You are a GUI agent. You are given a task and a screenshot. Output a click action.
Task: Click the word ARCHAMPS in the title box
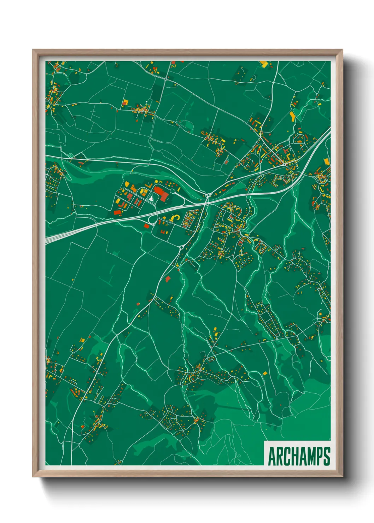tap(299, 456)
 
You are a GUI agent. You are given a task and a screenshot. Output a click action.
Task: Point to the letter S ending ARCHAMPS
tap(327, 456)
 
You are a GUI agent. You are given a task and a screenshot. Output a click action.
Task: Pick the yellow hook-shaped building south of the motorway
tap(174, 217)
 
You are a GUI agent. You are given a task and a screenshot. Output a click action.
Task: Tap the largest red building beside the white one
tap(162, 194)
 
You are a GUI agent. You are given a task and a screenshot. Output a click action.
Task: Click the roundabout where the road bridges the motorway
tap(207, 195)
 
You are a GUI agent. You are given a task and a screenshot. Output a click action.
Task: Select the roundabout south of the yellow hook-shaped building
tap(181, 248)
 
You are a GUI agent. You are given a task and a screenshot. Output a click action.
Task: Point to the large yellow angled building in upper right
tap(292, 116)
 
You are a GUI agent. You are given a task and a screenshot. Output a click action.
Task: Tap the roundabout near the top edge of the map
tap(165, 78)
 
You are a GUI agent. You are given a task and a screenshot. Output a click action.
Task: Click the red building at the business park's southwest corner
tap(117, 212)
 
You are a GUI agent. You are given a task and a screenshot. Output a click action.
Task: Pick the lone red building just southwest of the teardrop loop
tap(146, 225)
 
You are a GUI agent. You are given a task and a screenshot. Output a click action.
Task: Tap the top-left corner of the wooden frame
tap(33, 50)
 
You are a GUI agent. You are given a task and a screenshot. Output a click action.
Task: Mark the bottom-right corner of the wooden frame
tap(343, 476)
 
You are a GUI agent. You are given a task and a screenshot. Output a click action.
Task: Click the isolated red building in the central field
tap(168, 279)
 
